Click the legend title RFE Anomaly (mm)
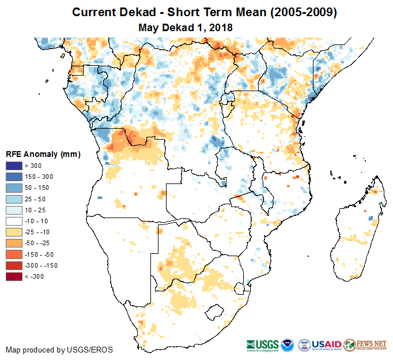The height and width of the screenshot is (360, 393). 43,154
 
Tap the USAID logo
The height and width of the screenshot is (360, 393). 326,343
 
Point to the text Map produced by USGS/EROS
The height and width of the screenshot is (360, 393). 59,350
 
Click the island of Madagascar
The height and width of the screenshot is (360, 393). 357,237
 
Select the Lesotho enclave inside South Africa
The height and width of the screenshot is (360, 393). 215,312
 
